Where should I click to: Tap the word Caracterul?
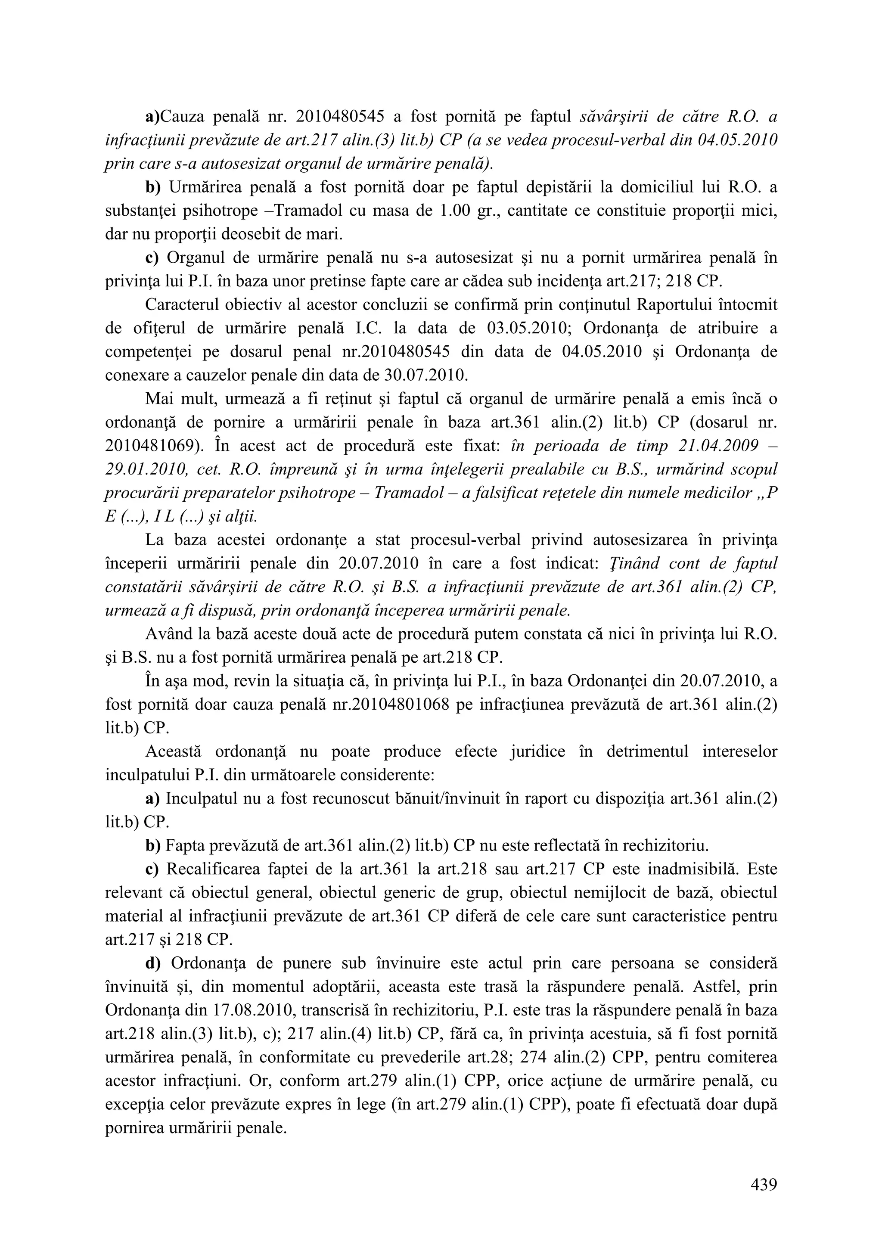coord(189,305)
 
